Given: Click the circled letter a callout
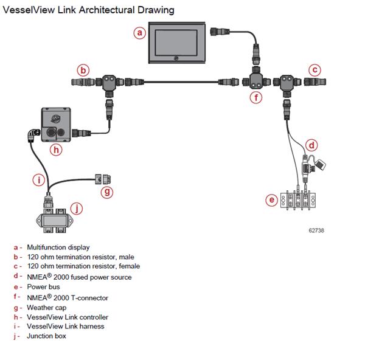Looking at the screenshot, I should (140, 33).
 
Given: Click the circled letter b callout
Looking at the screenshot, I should (83, 69).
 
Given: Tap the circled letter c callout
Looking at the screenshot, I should (314, 69).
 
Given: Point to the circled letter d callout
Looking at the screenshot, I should (311, 145).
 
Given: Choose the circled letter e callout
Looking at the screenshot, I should (272, 199).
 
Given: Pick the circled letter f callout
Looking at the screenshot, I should (257, 96).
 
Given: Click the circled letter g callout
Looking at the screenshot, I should (107, 192).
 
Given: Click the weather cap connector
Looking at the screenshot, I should (103, 179).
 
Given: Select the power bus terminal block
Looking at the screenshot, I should (299, 199).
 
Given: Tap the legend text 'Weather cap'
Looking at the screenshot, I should (46, 307).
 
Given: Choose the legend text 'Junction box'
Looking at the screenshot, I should (46, 336).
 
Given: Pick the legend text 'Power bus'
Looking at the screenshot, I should (43, 286).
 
